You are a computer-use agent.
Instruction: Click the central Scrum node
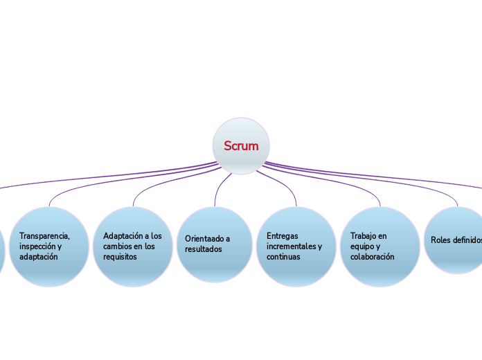pos(241,146)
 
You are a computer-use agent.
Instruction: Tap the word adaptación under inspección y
pos(38,256)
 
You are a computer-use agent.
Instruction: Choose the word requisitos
pos(120,256)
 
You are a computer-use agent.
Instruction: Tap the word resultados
pos(204,249)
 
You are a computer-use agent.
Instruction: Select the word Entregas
pos(283,235)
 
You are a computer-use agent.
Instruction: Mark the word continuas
pos(283,256)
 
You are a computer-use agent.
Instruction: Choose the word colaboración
pos(373,256)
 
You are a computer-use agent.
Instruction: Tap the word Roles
pos(440,240)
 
